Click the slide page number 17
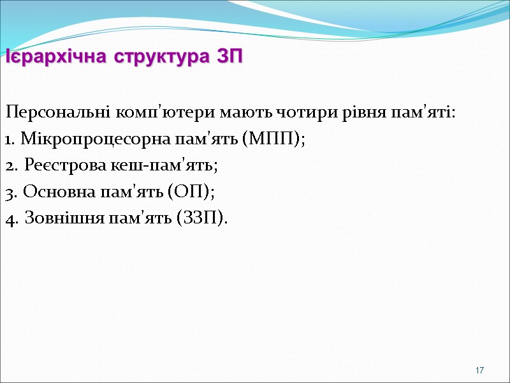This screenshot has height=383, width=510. [480, 371]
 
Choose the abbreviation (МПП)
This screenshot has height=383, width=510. [273, 139]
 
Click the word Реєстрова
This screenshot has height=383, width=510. [55, 166]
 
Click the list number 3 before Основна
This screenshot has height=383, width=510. [9, 192]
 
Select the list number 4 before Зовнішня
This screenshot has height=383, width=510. [10, 219]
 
